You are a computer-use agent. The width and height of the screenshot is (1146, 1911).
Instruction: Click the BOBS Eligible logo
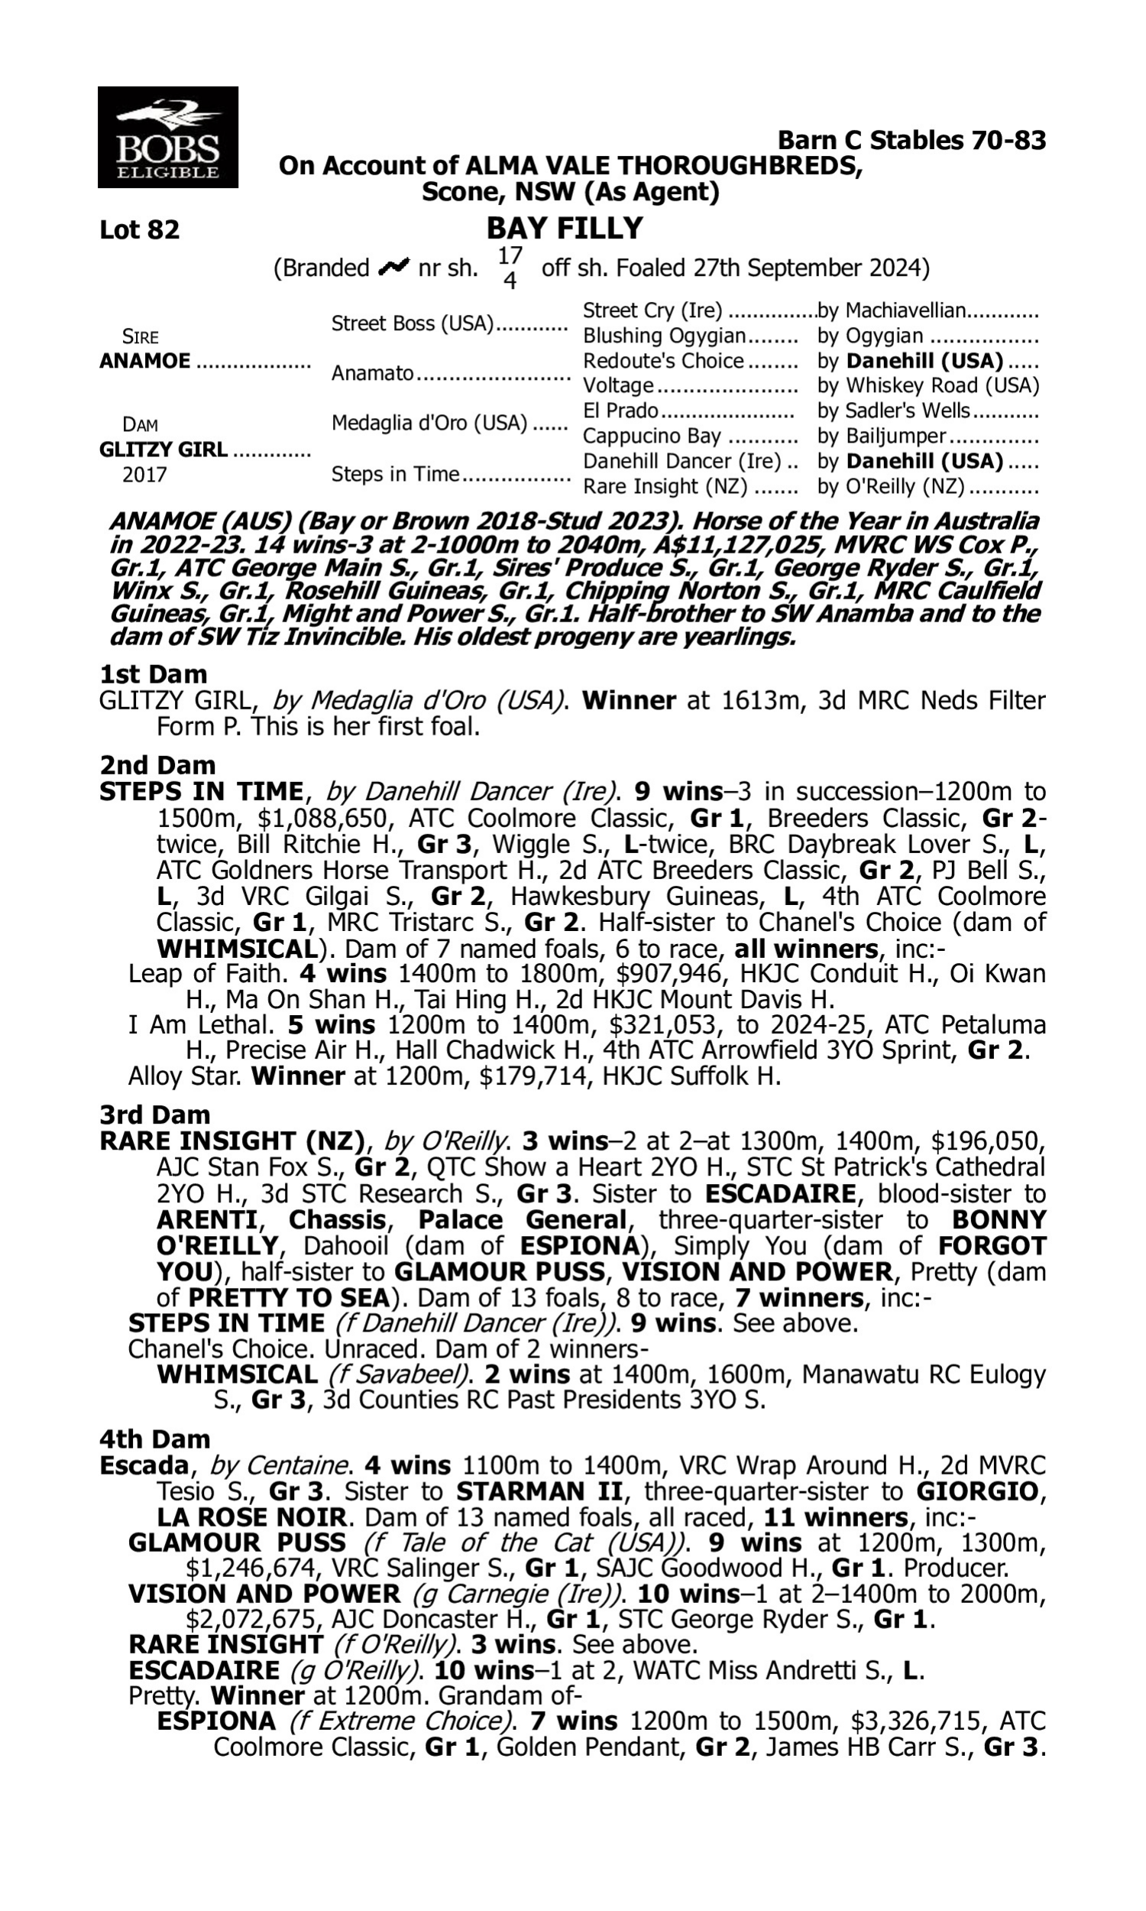[x=167, y=138]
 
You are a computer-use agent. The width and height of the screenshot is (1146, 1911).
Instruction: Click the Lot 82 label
[x=140, y=230]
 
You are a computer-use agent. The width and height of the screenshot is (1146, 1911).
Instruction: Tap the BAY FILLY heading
[x=565, y=229]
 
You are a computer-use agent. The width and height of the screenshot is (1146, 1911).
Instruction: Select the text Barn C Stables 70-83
[x=911, y=140]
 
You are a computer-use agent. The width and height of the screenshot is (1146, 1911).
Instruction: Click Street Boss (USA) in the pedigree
[x=412, y=323]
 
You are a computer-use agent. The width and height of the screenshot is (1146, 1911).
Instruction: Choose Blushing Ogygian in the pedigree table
[x=664, y=336]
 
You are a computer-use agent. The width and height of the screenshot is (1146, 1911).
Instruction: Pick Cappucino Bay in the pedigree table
[x=651, y=436]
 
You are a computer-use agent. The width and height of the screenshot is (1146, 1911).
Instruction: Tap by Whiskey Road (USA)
[x=928, y=385]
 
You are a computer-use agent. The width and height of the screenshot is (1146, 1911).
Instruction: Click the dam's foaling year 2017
[x=144, y=474]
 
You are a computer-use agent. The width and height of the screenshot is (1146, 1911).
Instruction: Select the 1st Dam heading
[x=154, y=674]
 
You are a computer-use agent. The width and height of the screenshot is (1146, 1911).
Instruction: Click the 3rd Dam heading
[x=154, y=1114]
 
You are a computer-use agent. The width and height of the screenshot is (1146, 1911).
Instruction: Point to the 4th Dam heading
[x=154, y=1439]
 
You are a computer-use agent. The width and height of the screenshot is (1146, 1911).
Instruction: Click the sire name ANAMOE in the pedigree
[x=144, y=362]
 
